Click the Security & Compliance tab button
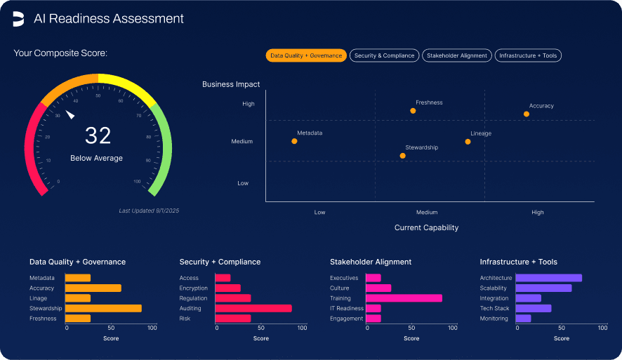pos(384,55)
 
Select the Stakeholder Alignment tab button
pos(456,55)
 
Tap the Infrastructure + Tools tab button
pos(528,55)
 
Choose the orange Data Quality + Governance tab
pos(306,55)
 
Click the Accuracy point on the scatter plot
pos(527,114)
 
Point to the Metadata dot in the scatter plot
pos(294,141)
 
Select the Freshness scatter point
pos(413,111)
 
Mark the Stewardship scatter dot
pos(402,156)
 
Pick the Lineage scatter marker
pos(468,142)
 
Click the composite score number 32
pos(98,135)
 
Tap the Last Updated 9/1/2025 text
pos(149,211)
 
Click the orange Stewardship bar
pos(103,308)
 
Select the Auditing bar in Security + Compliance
pos(253,308)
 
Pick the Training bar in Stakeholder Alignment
pos(404,298)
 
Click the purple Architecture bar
pos(548,278)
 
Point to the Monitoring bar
pos(523,319)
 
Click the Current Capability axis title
pos(426,227)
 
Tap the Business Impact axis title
pos(231,84)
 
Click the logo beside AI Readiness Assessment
pos(18,19)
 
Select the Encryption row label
pos(193,288)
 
